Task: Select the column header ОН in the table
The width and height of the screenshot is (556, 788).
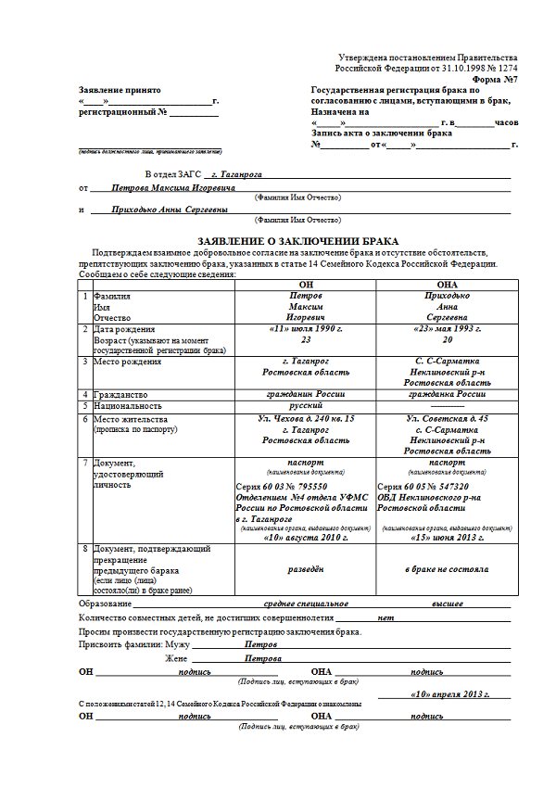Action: [x=306, y=284]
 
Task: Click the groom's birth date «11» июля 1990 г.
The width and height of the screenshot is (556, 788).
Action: [x=306, y=329]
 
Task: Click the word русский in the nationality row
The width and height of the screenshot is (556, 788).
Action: [x=306, y=405]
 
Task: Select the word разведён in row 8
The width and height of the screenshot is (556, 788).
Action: [x=306, y=569]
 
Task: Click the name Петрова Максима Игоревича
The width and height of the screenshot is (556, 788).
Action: [x=173, y=187]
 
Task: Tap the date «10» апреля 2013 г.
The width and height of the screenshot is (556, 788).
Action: [x=447, y=693]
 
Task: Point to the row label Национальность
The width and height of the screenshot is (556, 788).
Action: [x=130, y=405]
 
